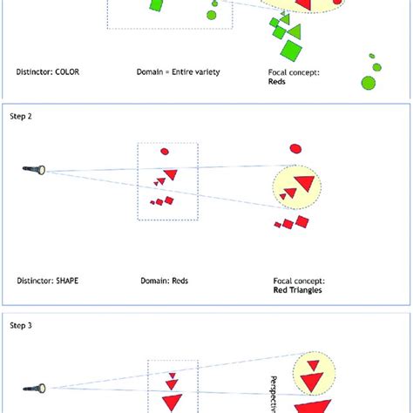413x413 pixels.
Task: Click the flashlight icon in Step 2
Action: [x=38, y=170]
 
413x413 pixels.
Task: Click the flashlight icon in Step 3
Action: [x=38, y=387]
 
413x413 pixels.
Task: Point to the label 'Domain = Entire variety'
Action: [x=178, y=71]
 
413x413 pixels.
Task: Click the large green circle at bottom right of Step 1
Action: [x=369, y=83]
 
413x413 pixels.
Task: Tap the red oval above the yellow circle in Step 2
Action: [x=296, y=148]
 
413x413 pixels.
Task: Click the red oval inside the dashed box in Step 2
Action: [x=165, y=152]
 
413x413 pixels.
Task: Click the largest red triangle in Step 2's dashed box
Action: [x=171, y=174]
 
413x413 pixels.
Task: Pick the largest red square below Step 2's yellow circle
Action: [x=301, y=221]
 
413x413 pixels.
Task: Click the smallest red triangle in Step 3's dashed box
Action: [x=172, y=376]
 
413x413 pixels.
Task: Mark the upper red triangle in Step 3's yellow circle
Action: [x=309, y=365]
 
